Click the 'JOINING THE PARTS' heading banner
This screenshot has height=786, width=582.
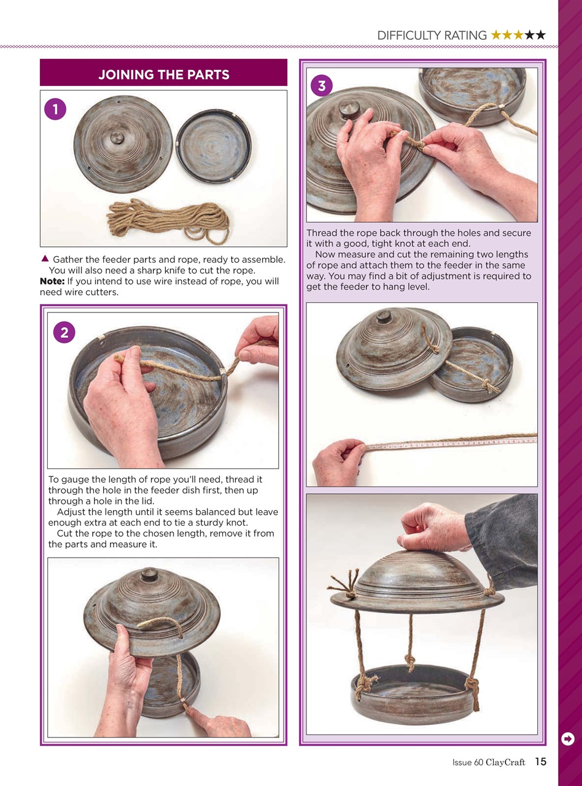point(163,75)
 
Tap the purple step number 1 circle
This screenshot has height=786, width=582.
point(55,109)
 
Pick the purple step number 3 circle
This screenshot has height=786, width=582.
point(322,86)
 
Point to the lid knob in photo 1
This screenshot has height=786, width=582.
point(117,137)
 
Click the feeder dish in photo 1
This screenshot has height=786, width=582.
point(213,146)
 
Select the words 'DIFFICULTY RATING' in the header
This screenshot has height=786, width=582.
point(432,36)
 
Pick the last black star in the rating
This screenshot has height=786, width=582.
point(540,36)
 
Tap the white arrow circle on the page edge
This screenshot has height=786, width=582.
point(568,739)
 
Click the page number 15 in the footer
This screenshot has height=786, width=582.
point(540,762)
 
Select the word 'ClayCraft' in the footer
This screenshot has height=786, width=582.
point(505,763)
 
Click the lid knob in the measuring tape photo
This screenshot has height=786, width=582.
point(384,317)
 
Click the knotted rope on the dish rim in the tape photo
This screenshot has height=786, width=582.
point(489,386)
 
